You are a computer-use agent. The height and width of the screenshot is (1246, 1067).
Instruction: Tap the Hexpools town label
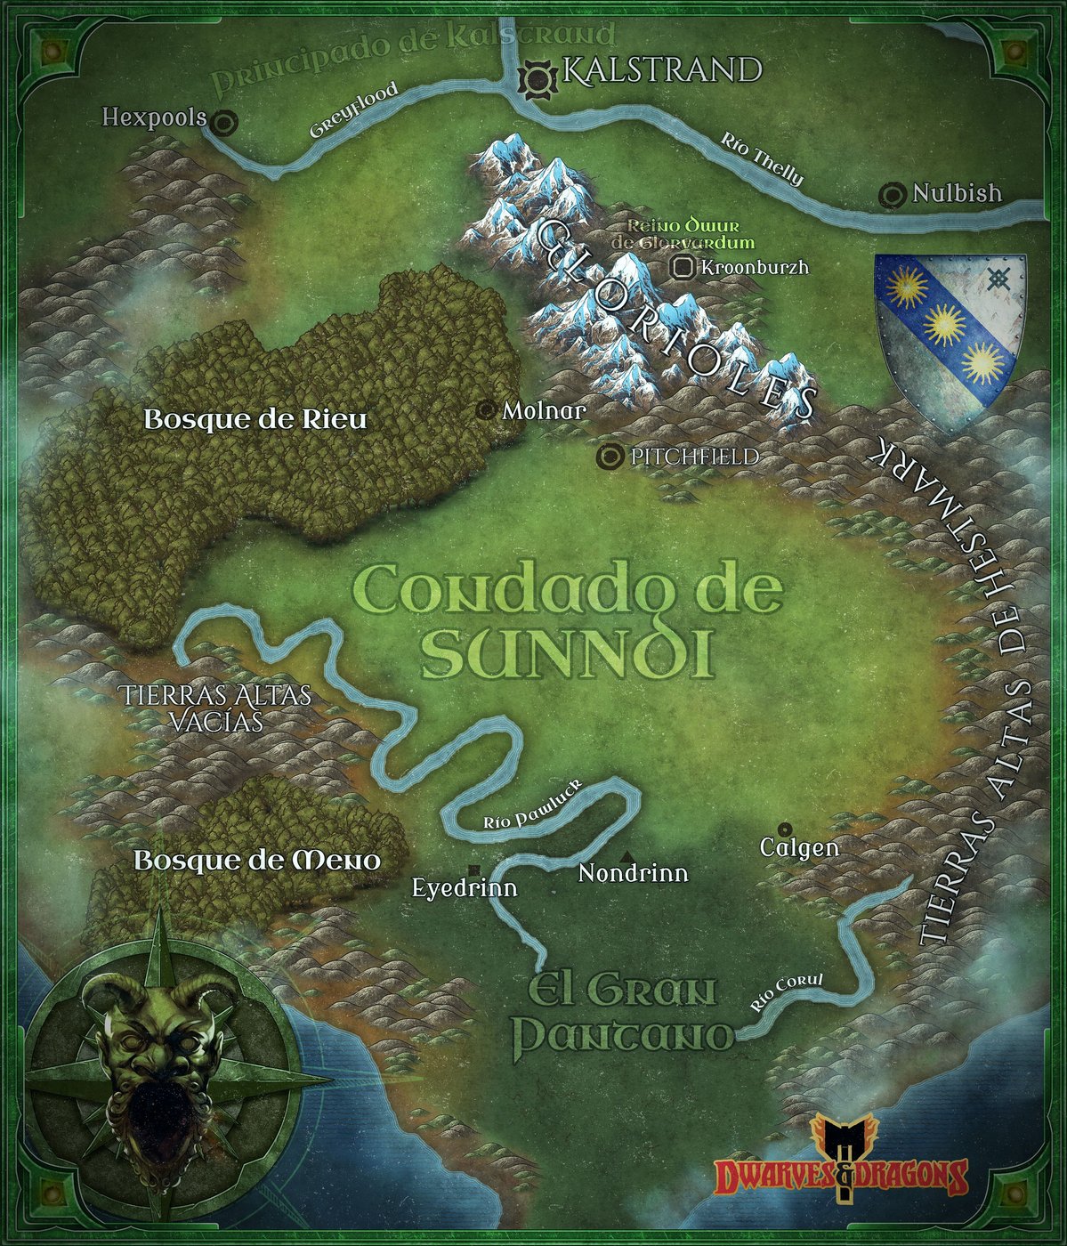point(154,117)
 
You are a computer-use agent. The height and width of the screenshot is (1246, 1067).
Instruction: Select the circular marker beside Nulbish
point(893,194)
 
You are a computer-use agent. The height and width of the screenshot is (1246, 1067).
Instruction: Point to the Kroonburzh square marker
point(683,266)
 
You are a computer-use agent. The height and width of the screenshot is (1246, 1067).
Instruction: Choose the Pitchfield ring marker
point(610,457)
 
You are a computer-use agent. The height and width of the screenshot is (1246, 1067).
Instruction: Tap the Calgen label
point(799,847)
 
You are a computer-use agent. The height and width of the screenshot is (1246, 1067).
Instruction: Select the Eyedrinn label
point(465,887)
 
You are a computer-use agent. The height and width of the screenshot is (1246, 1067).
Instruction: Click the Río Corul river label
point(787,994)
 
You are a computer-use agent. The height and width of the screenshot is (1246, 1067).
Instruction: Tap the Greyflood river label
point(353,111)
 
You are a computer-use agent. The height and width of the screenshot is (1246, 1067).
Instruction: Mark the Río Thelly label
point(762,159)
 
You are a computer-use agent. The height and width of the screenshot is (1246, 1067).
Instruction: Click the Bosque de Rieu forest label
point(255,419)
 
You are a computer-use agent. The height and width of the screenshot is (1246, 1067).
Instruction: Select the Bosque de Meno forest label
point(257,861)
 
